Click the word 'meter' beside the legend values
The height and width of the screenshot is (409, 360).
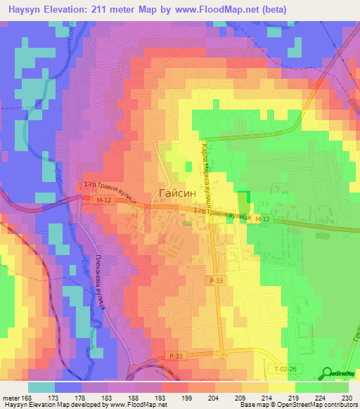[11, 398]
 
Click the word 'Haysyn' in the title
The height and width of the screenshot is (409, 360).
[28, 10]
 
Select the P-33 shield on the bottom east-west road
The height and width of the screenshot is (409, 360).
[174, 356]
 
